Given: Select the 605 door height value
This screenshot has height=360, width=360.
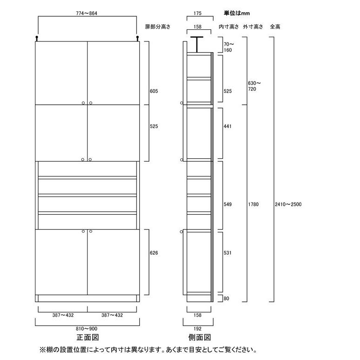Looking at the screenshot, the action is click(154, 92).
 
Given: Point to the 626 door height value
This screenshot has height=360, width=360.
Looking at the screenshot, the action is click(154, 253).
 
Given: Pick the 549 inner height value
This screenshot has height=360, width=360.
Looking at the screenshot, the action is click(227, 204).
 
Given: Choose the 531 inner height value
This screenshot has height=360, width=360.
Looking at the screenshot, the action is click(227, 253).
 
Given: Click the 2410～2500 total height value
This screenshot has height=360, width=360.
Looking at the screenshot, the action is click(288, 204).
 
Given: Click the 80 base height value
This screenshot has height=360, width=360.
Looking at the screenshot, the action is click(226, 299).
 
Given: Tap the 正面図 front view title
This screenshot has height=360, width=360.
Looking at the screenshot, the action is click(88, 337).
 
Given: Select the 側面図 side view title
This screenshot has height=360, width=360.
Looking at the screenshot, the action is click(200, 337).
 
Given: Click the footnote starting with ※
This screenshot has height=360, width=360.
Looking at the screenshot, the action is click(148, 350).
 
